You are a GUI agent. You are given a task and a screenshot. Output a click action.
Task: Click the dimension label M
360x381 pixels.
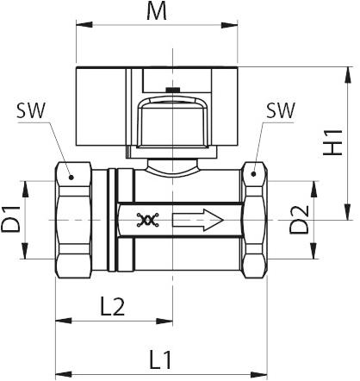pos(157,12)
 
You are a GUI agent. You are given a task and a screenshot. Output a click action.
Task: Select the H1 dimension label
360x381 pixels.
pos(332,142)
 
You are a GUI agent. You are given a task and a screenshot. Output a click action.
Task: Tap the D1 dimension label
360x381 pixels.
pos(10,219)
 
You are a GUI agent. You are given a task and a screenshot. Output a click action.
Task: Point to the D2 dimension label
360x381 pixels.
pos(299,220)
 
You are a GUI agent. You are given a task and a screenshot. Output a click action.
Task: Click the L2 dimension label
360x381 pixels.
pos(112,307)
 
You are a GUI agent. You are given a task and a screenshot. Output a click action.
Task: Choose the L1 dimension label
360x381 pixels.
pos(160,360)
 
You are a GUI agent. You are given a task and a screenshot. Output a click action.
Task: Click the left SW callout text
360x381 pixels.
pos(31,110)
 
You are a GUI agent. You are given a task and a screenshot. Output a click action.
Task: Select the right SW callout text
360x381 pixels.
pos(281,110)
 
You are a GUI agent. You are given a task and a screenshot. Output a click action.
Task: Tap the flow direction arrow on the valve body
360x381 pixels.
pos(198,220)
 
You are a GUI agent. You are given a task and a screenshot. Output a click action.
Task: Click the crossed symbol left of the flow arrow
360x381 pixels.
pos(148,220)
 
